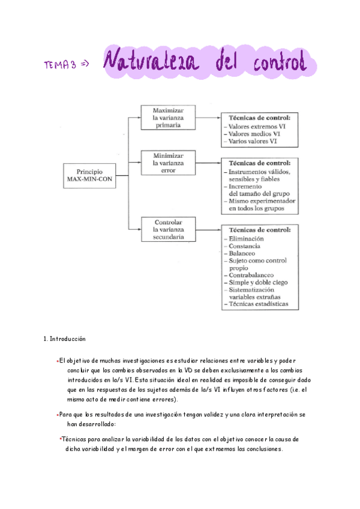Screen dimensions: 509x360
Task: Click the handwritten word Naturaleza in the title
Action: [154, 62]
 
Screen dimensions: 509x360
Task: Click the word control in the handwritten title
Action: [273, 62]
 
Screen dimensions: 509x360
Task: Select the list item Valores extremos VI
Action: [253, 127]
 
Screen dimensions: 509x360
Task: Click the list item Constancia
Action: [245, 246]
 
